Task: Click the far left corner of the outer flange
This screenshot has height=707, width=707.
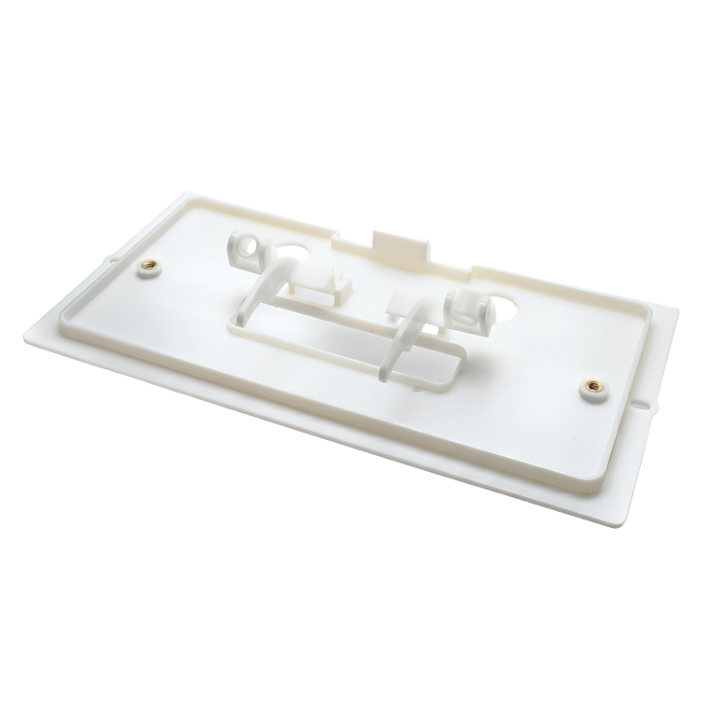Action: point(27,331)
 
